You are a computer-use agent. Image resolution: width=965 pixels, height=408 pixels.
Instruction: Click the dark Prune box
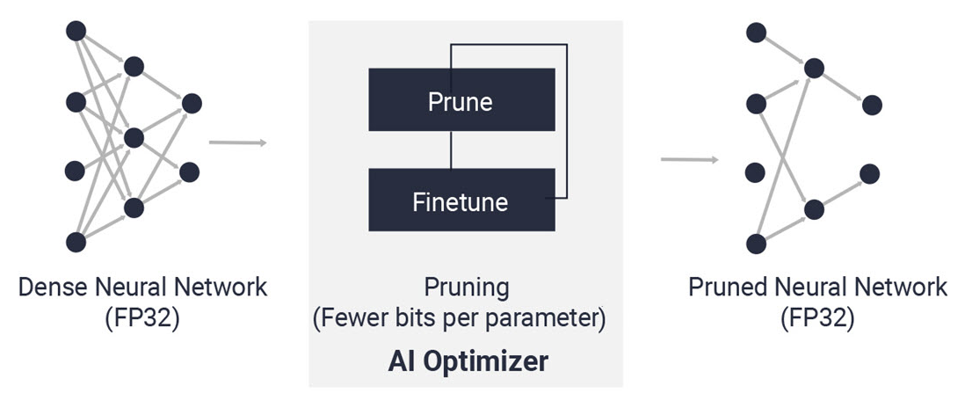click(x=461, y=99)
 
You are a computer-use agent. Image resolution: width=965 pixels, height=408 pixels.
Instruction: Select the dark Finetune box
click(x=461, y=200)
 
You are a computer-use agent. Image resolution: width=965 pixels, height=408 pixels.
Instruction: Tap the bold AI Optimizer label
click(x=468, y=362)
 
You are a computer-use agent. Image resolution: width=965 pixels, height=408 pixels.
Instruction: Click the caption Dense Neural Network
click(x=142, y=288)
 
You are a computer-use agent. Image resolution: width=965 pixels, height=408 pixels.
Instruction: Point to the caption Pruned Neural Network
click(x=817, y=288)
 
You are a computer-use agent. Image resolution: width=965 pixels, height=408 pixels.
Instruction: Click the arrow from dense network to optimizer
click(x=237, y=142)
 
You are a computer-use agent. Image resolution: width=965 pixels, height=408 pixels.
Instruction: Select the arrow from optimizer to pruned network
click(x=689, y=160)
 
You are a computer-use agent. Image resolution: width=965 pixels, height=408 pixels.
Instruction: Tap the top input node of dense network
click(x=76, y=31)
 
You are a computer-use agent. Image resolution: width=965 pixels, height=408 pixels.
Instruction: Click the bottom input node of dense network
click(x=76, y=242)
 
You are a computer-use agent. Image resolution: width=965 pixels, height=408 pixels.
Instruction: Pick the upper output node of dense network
click(x=192, y=104)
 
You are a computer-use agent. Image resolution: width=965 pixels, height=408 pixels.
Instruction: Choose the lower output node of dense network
click(x=190, y=172)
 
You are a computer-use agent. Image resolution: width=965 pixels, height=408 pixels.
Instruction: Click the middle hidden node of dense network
click(x=134, y=138)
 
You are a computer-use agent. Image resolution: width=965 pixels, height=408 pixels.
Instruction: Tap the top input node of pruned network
click(x=756, y=33)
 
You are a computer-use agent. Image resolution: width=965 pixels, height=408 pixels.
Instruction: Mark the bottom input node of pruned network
click(x=756, y=244)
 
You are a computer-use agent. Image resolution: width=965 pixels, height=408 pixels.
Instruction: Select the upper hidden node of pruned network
click(x=814, y=69)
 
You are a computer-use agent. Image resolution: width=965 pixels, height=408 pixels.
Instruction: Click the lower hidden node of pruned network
click(x=814, y=210)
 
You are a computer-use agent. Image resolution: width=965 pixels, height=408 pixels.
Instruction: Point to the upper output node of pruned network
click(x=872, y=106)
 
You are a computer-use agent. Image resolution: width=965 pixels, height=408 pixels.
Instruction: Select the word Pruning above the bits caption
click(x=467, y=288)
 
